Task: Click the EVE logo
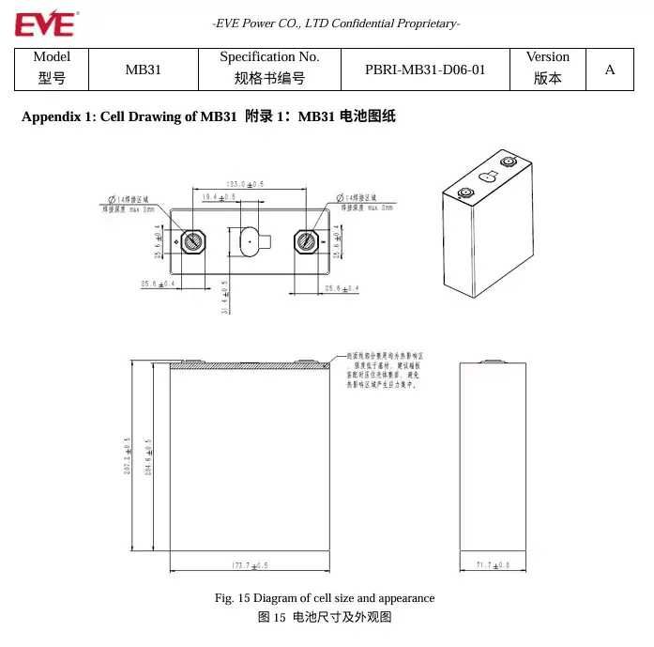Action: point(45,23)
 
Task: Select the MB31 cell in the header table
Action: point(143,69)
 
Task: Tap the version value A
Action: point(610,69)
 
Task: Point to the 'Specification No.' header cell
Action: point(269,57)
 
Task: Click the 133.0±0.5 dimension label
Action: point(246,184)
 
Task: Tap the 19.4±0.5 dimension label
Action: point(219,197)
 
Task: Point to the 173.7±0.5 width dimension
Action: point(249,565)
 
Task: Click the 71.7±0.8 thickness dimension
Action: point(494,565)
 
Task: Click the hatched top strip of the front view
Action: point(249,365)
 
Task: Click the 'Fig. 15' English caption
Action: point(324,598)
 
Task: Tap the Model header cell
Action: point(52,57)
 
